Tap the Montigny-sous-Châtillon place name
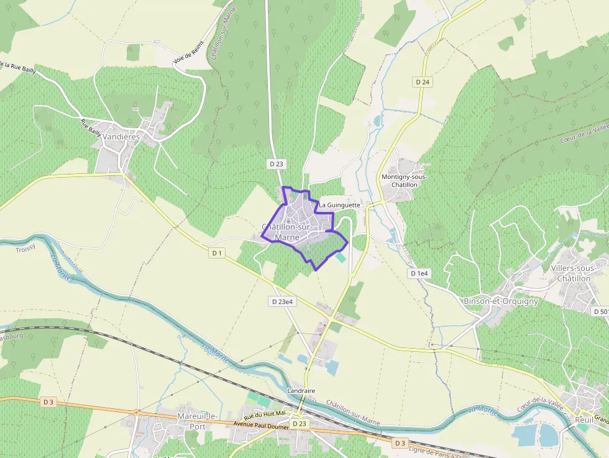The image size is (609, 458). click(x=404, y=181)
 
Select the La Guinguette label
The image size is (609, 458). click(x=339, y=204)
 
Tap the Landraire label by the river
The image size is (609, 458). click(x=302, y=390)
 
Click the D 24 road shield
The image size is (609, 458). click(x=422, y=82)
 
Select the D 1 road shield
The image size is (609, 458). click(x=216, y=253)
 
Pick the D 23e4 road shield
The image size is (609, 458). click(x=282, y=301)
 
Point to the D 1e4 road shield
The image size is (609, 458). click(x=419, y=273)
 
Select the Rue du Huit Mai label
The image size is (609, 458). click(x=265, y=413)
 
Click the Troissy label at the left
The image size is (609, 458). click(x=25, y=249)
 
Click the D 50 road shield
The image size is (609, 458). click(x=601, y=311)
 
